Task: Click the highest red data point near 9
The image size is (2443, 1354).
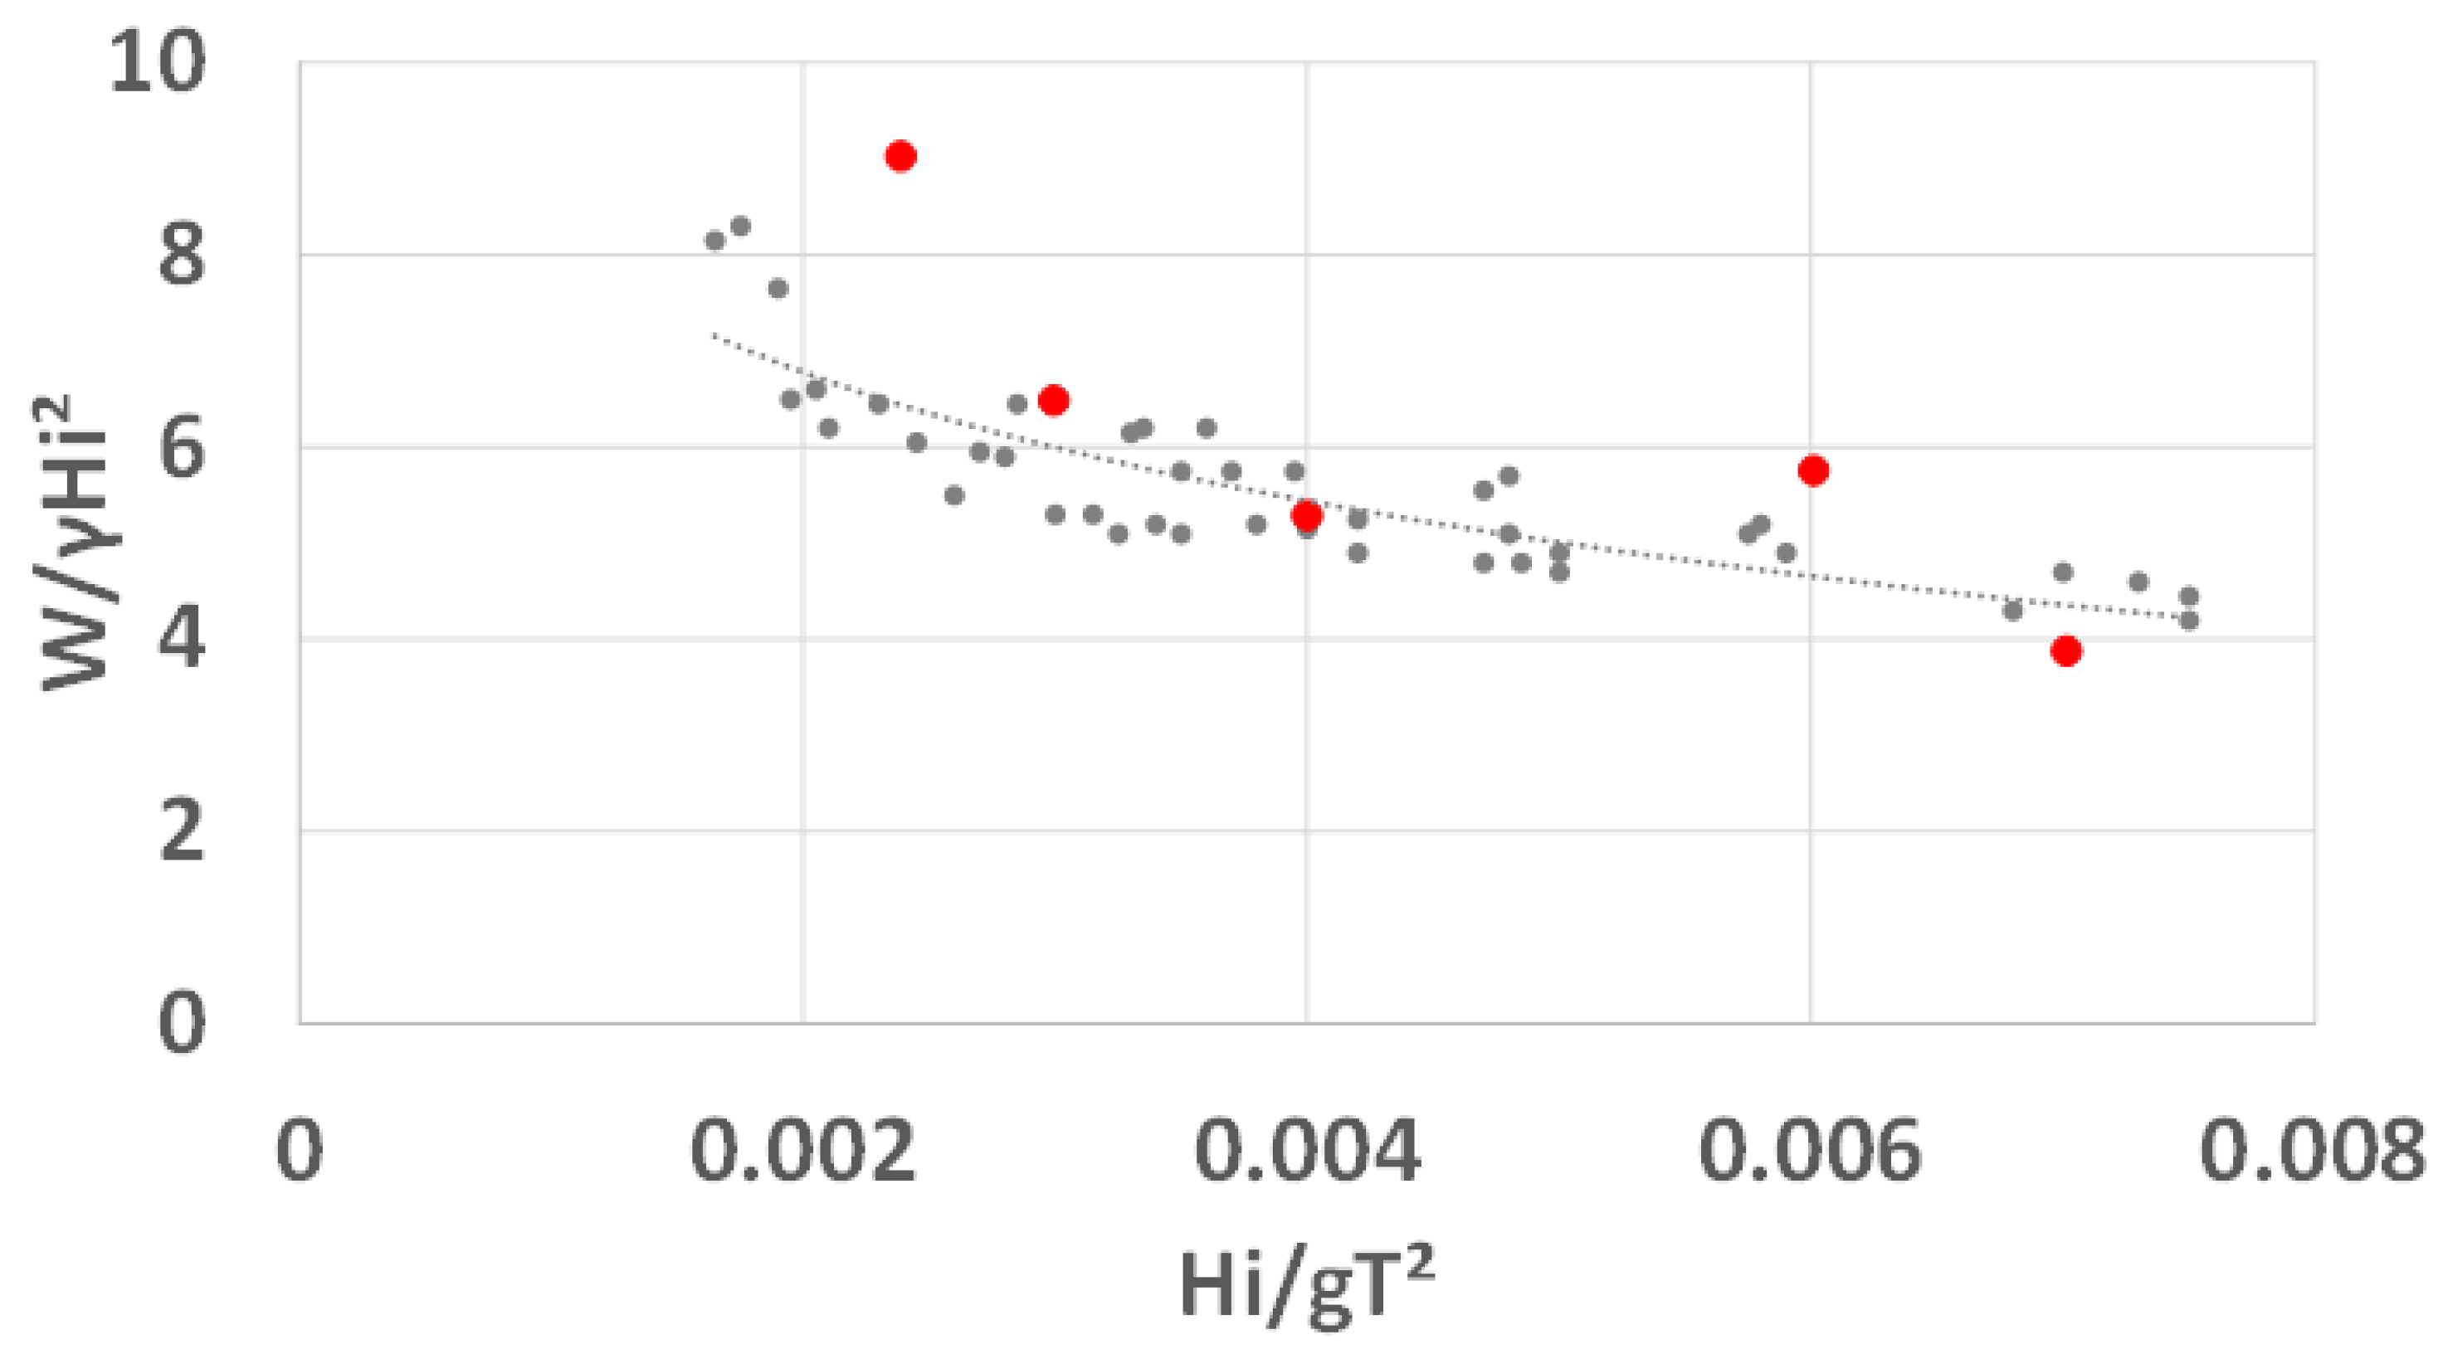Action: [x=900, y=157]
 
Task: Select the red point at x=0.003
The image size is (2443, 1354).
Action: [x=1054, y=400]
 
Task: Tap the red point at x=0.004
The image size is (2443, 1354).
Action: [x=1307, y=516]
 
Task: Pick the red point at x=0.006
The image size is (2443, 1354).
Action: [x=1813, y=470]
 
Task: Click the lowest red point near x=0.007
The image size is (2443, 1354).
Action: [x=2066, y=650]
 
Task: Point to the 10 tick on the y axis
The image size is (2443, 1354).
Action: [x=157, y=62]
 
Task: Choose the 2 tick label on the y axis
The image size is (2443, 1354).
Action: [x=181, y=831]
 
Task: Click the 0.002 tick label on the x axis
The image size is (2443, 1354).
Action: [x=803, y=1151]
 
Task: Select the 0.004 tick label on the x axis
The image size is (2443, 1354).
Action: [x=1307, y=1151]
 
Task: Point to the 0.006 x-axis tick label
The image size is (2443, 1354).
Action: [x=1810, y=1151]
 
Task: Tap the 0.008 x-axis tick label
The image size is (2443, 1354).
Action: [x=2312, y=1151]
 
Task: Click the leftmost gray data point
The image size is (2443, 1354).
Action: [x=715, y=241]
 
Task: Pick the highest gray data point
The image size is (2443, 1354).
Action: [x=741, y=226]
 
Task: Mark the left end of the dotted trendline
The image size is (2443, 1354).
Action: [x=713, y=334]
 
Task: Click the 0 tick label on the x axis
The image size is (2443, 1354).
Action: [x=300, y=1151]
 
